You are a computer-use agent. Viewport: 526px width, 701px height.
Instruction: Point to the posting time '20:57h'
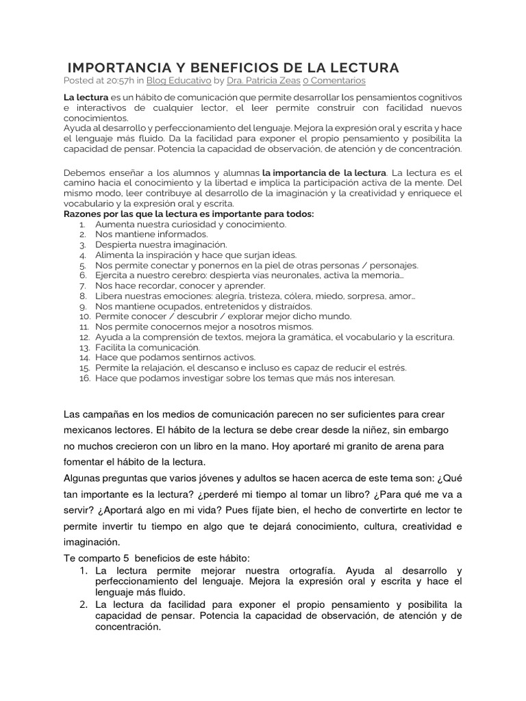tap(120, 80)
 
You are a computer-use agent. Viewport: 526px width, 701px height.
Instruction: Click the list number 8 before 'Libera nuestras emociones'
tap(82, 296)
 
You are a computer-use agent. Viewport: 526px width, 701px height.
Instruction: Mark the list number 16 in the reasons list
tap(84, 378)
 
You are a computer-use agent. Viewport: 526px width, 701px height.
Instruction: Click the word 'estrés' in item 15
tap(392, 368)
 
